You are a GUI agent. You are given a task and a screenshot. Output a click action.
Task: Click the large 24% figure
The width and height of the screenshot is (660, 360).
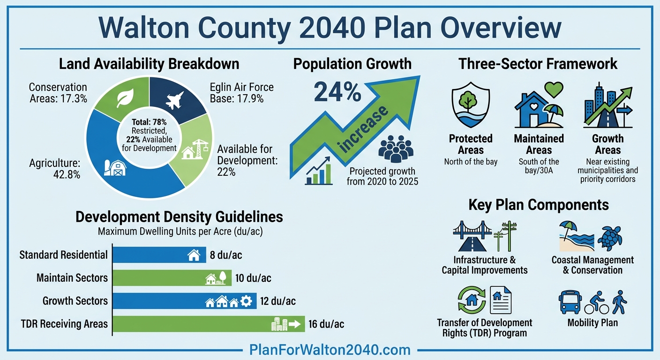click(337, 91)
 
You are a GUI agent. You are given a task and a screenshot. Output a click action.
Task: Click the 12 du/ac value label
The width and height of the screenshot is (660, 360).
click(278, 301)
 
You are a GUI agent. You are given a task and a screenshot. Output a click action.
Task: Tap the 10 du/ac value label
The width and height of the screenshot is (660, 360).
click(253, 278)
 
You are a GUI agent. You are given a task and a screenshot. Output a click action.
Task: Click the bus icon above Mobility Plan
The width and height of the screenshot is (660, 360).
click(570, 302)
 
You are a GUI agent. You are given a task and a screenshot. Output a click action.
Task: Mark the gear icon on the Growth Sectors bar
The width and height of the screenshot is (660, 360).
click(246, 301)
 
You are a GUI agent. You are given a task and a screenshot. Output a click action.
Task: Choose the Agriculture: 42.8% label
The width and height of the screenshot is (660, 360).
click(55, 169)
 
